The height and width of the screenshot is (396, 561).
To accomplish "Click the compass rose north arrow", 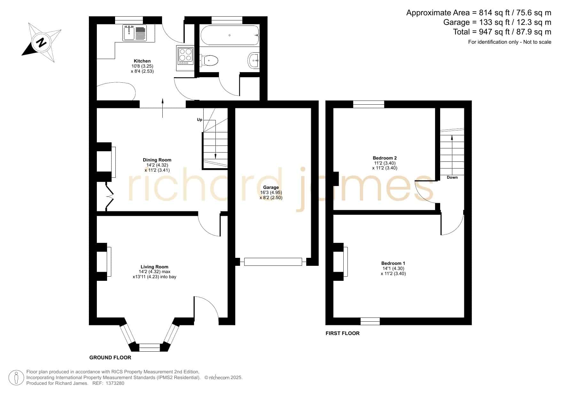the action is (41, 42).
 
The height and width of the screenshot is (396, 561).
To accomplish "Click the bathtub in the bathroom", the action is (229, 35).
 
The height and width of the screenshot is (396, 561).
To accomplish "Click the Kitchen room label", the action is (142, 61).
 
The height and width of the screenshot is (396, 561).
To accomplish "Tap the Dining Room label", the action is (157, 160).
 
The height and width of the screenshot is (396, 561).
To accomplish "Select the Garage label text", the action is (271, 187).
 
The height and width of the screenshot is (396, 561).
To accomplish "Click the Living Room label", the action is (154, 267).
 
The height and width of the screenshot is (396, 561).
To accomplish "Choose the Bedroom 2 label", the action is (385, 158).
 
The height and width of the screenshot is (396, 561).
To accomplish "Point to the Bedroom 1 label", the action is (393, 263).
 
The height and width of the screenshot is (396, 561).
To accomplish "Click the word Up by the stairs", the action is (199, 120).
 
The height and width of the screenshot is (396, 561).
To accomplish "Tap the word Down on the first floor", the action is (452, 177).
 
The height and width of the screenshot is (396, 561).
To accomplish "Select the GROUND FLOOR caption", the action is (110, 357).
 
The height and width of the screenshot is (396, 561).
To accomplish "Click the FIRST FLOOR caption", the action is (342, 333).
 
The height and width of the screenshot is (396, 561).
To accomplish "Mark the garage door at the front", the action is (273, 262).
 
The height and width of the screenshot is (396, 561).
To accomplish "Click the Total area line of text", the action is (502, 32).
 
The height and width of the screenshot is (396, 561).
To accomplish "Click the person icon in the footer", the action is (16, 378).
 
